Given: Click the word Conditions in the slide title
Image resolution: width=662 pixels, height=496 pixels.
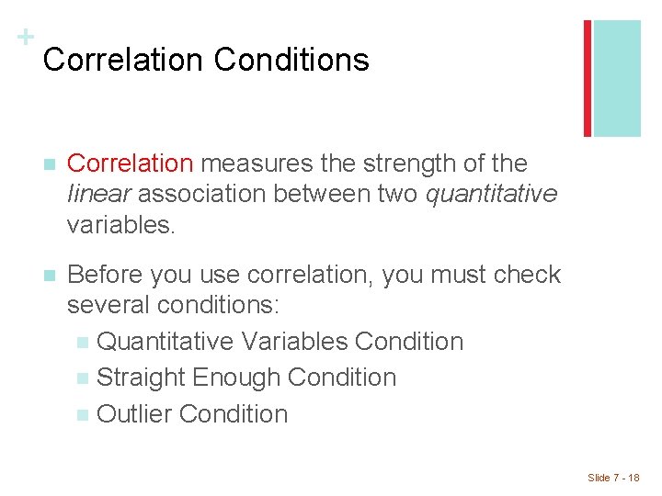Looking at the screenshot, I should coord(291,61).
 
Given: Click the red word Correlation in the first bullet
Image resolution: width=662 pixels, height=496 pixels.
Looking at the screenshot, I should coord(131,163).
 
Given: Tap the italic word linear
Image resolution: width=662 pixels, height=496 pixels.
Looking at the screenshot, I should coord(99,194).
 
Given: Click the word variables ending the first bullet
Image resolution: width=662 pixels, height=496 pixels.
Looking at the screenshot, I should coord(120,224).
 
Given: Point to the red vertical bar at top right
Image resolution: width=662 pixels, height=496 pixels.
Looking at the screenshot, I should coord(588,78).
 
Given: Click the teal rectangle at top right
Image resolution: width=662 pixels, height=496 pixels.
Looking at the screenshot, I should coord(617,78).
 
